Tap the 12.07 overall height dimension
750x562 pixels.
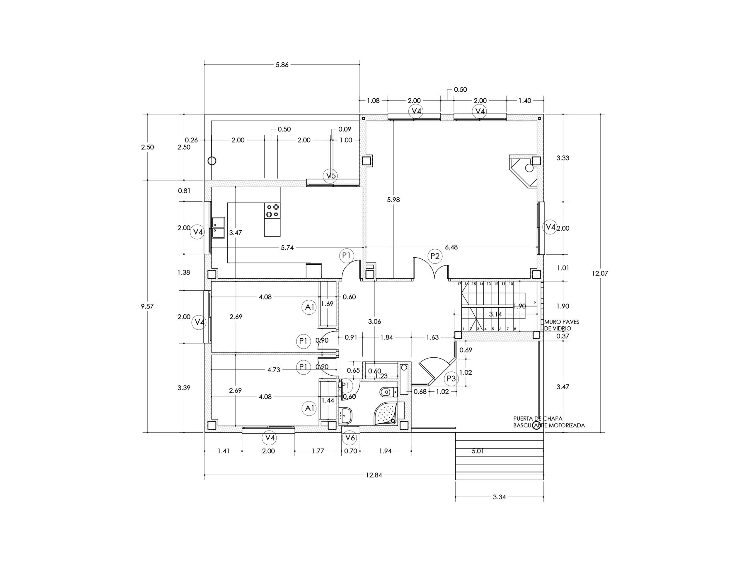click(600, 273)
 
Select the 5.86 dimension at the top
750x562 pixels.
click(282, 65)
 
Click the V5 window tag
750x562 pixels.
click(330, 175)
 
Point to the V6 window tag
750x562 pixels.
click(350, 438)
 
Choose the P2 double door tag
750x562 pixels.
click(435, 256)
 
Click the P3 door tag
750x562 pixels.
click(451, 379)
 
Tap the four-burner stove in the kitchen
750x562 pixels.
click(272, 210)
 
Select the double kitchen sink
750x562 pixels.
click(218, 228)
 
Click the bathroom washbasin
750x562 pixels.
click(345, 415)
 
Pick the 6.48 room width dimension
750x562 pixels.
click(451, 247)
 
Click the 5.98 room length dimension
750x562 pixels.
click(393, 200)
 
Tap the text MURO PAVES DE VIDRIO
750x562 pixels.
click(562, 325)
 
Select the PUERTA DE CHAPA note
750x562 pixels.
click(538, 418)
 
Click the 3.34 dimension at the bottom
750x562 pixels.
click(500, 497)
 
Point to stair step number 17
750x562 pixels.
click(459, 284)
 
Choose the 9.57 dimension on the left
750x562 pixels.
click(147, 306)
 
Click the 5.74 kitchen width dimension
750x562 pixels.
click(287, 248)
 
